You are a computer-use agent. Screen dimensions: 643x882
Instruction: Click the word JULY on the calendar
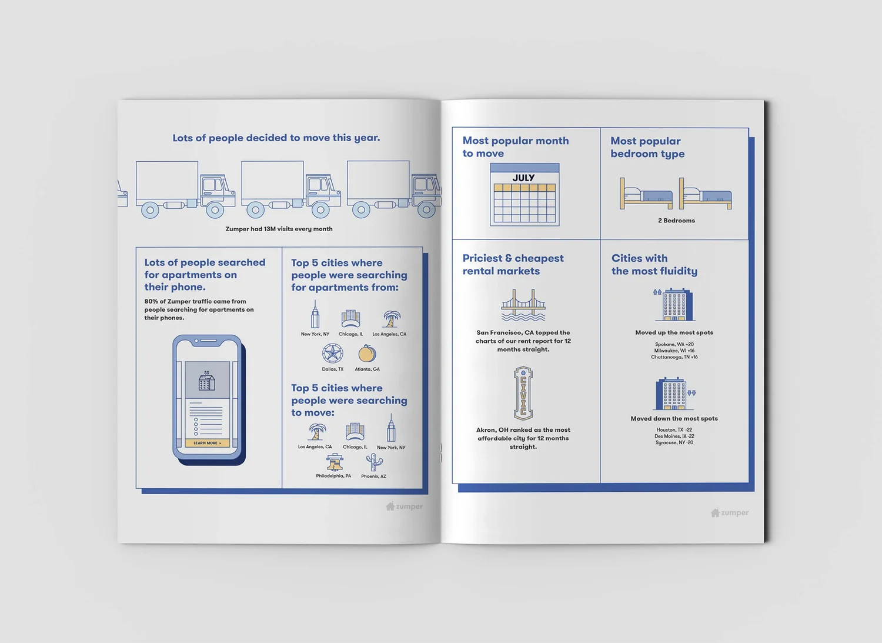pyautogui.click(x=523, y=178)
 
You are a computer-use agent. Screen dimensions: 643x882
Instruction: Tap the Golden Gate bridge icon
pyautogui.click(x=523, y=305)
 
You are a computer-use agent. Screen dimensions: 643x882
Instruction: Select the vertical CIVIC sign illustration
pyautogui.click(x=523, y=392)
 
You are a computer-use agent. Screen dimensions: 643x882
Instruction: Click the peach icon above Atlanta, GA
pyautogui.click(x=367, y=354)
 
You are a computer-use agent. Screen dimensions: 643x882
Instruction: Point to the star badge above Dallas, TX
pyautogui.click(x=332, y=354)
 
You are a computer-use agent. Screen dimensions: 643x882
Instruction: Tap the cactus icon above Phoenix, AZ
pyautogui.click(x=373, y=462)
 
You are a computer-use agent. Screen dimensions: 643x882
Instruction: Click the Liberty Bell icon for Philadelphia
pyautogui.click(x=335, y=462)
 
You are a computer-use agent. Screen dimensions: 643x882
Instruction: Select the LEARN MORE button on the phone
pyautogui.click(x=207, y=443)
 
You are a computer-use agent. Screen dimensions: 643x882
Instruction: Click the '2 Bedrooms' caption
pyautogui.click(x=676, y=221)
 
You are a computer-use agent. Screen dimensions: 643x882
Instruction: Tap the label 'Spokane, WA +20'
pyautogui.click(x=674, y=344)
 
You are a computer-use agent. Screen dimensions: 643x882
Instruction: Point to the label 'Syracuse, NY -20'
pyautogui.click(x=674, y=442)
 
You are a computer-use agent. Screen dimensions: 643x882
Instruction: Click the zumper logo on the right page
pyautogui.click(x=730, y=513)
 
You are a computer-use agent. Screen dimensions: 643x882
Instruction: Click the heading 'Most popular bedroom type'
pyautogui.click(x=647, y=147)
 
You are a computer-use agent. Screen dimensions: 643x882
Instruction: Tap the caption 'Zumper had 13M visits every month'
pyautogui.click(x=279, y=229)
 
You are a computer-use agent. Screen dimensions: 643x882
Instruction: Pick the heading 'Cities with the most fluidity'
pyautogui.click(x=654, y=265)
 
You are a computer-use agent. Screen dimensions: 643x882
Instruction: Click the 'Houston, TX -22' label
pyautogui.click(x=674, y=430)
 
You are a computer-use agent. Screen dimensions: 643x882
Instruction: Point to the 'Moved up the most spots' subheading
pyautogui.click(x=674, y=332)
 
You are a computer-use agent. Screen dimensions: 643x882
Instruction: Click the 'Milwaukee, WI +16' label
pyautogui.click(x=674, y=351)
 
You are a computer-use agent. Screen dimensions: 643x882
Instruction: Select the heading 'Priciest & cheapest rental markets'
pyautogui.click(x=513, y=265)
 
